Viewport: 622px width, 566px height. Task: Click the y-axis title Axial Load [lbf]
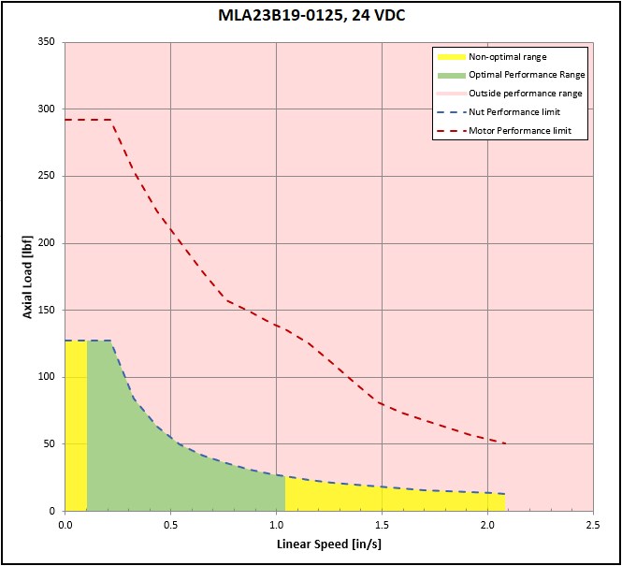pyautogui.click(x=28, y=276)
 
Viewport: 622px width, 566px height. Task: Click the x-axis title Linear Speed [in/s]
pyautogui.click(x=328, y=544)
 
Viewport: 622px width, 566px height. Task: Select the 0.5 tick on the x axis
pyautogui.click(x=170, y=525)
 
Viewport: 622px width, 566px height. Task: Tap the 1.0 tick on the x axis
pyautogui.click(x=276, y=525)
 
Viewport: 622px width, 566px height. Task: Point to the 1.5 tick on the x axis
pyautogui.click(x=382, y=525)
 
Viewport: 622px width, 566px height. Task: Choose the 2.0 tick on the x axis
pyautogui.click(x=487, y=525)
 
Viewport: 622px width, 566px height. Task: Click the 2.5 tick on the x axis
pyautogui.click(x=593, y=525)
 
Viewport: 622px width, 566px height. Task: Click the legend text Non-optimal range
pyautogui.click(x=507, y=57)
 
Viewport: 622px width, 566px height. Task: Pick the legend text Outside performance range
pyautogui.click(x=525, y=94)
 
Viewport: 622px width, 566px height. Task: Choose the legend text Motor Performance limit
pyautogui.click(x=520, y=131)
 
